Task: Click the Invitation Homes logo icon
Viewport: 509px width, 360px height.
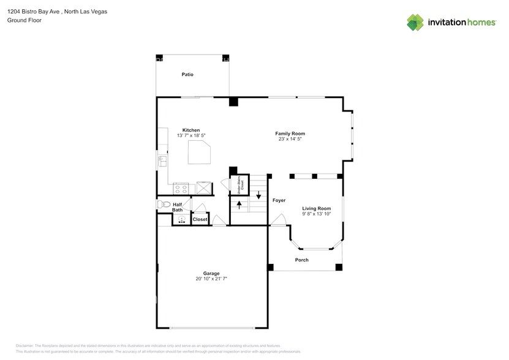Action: point(415,22)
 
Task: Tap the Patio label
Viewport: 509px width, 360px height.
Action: point(187,75)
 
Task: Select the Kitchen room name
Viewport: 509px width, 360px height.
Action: point(191,130)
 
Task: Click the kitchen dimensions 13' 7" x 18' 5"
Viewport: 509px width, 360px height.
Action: point(191,135)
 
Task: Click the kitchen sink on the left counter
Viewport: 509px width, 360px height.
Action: point(163,161)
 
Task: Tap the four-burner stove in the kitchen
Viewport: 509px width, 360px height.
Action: point(181,187)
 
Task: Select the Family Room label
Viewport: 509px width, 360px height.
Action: point(290,133)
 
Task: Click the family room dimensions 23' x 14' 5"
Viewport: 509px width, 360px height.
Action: point(290,139)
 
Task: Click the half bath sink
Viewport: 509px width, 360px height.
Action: point(182,220)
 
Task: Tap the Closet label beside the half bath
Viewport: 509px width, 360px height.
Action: point(200,219)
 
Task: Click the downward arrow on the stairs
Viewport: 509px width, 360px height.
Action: point(258,197)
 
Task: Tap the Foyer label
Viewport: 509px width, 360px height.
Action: point(279,200)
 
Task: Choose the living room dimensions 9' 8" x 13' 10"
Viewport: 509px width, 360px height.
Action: point(317,214)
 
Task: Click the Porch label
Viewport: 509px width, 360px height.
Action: point(302,260)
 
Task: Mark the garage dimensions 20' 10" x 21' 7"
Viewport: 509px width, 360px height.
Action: point(212,279)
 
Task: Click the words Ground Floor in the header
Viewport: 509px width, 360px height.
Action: point(23,20)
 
